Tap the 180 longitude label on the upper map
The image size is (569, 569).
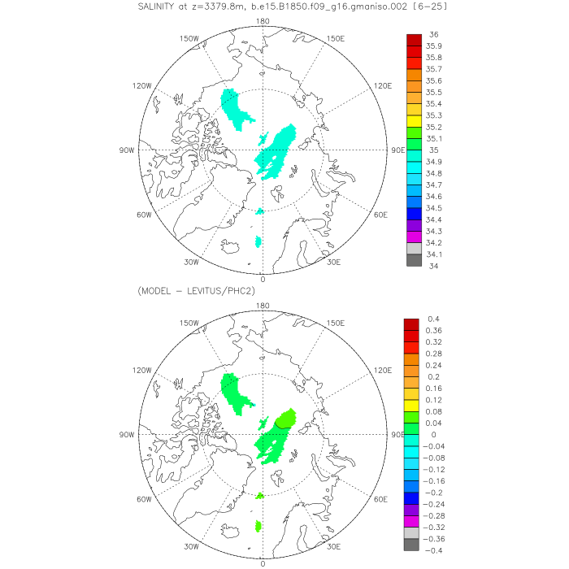click(x=263, y=21)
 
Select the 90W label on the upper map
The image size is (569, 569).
click(x=127, y=150)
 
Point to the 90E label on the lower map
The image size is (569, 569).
click(x=397, y=435)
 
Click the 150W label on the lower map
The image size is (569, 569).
click(x=189, y=323)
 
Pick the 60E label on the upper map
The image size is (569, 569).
click(x=380, y=215)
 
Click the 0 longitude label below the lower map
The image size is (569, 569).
click(x=263, y=563)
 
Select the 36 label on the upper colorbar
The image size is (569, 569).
click(x=433, y=35)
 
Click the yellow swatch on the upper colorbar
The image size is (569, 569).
click(x=414, y=121)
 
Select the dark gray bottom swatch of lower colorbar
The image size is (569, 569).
click(x=414, y=545)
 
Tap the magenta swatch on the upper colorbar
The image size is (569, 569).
click(x=414, y=237)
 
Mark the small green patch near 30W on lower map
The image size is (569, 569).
click(x=258, y=527)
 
